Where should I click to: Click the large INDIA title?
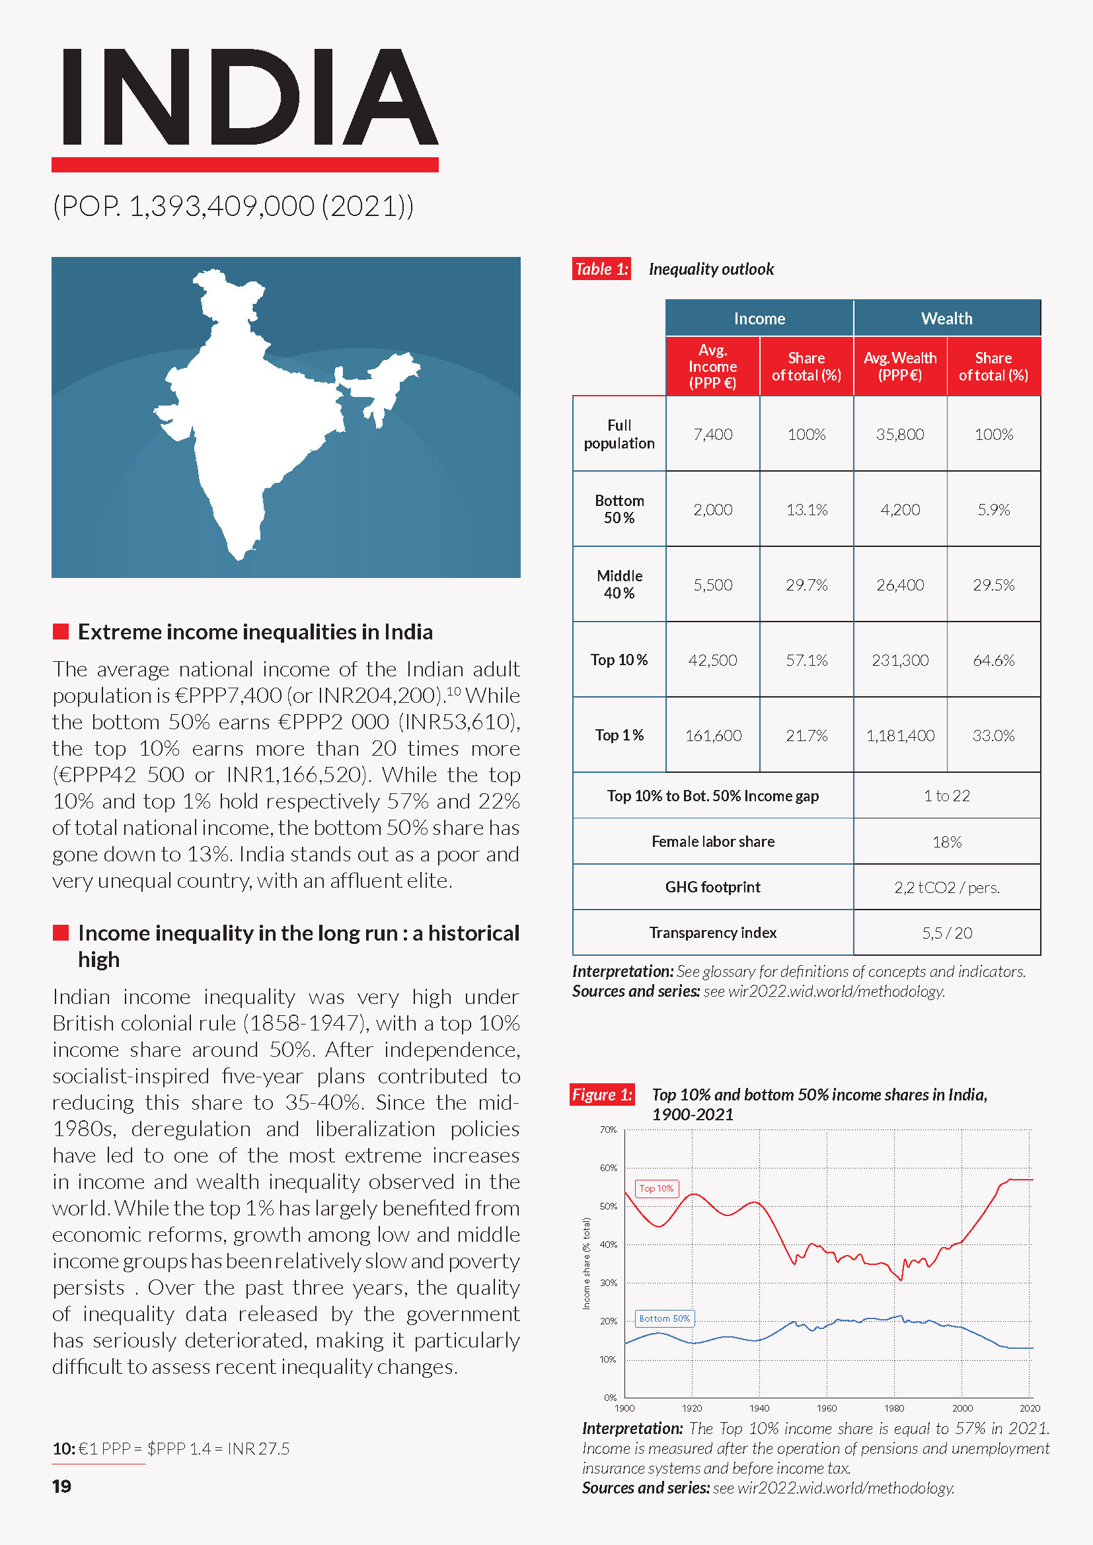coord(246,98)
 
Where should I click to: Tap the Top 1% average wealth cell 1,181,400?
coord(900,735)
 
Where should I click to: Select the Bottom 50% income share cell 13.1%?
coord(806,510)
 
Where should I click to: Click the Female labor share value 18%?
coord(946,842)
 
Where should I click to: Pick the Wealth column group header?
coord(946,318)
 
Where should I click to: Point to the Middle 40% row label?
coord(619,584)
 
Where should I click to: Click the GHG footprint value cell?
coord(946,888)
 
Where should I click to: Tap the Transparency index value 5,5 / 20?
coord(946,933)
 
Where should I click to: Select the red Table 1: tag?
coord(601,269)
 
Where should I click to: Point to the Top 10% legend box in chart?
coord(656,1188)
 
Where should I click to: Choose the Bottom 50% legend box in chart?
coord(663,1318)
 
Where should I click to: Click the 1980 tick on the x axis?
coord(894,1408)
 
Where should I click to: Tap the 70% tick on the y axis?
coord(608,1130)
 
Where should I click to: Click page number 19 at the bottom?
coord(62,1486)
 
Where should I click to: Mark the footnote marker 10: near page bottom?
coord(63,1449)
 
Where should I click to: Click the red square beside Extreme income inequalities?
coord(61,632)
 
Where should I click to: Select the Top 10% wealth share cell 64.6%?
coord(993,660)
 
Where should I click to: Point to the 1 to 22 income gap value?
coord(946,796)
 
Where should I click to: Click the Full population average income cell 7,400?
coord(713,435)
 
